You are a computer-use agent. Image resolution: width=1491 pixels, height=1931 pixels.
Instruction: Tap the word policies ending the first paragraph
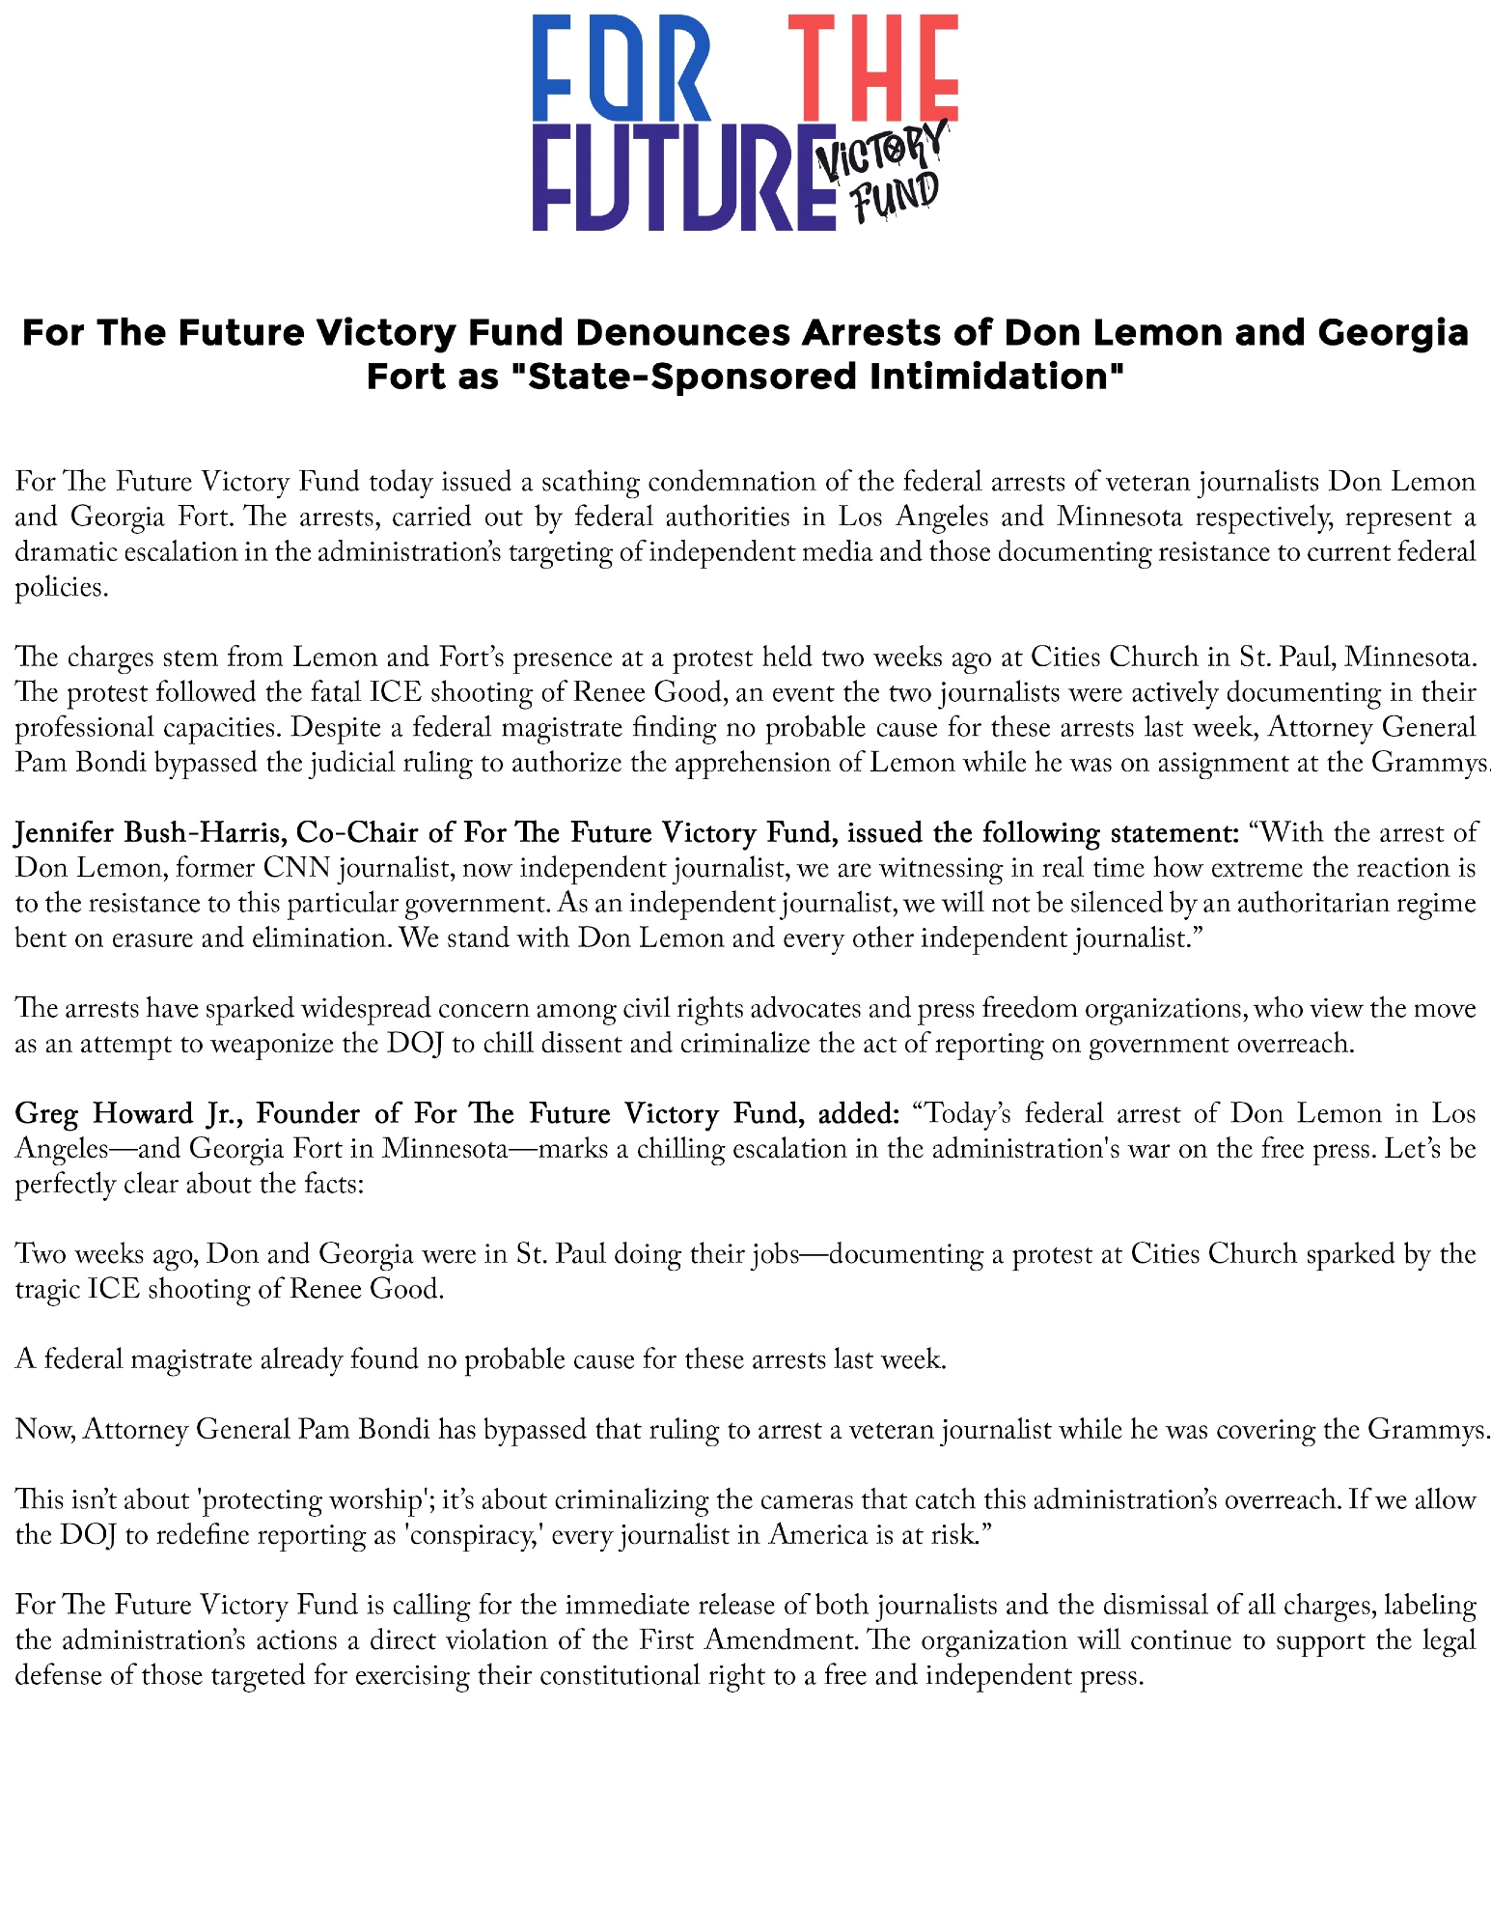[x=58, y=587]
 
